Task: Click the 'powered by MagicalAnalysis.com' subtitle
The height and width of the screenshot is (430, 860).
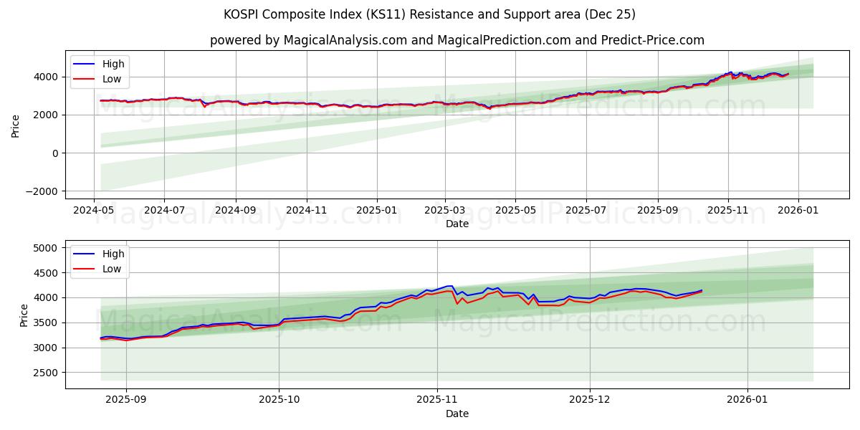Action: pos(457,40)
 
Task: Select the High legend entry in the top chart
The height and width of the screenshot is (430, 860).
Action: pos(113,64)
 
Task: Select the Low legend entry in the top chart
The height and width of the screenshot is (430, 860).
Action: pos(111,79)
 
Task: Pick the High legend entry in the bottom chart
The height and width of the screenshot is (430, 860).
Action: pos(113,254)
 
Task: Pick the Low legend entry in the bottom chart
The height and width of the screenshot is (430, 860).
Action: pos(111,269)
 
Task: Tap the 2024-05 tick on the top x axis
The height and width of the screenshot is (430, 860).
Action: pos(94,211)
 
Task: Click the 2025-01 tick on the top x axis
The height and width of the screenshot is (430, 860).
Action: pos(376,211)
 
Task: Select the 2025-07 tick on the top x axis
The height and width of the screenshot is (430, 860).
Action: pos(586,211)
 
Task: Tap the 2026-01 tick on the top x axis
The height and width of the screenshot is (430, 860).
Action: pos(798,211)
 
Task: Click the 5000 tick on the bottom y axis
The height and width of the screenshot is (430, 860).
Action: pos(47,248)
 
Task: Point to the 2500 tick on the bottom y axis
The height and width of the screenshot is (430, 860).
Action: pos(47,373)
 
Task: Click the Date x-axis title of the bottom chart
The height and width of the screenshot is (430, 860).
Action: pos(457,414)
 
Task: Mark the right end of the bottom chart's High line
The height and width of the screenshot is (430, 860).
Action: pos(702,290)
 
